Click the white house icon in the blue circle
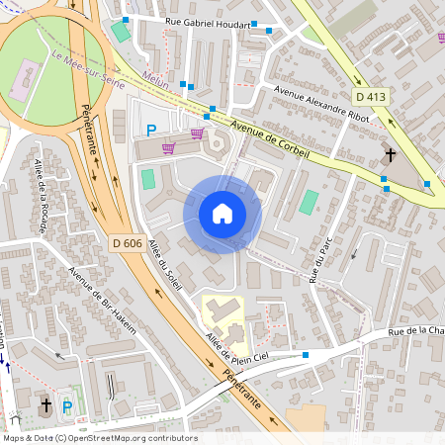[222, 214]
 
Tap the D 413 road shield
[369, 97]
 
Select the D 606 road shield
[128, 243]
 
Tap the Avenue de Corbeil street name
[269, 141]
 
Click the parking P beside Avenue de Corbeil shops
[151, 130]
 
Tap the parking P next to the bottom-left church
[67, 405]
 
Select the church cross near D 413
[391, 155]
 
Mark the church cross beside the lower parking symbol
[45, 405]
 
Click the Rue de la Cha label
[415, 332]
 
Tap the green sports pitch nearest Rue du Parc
[309, 203]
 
